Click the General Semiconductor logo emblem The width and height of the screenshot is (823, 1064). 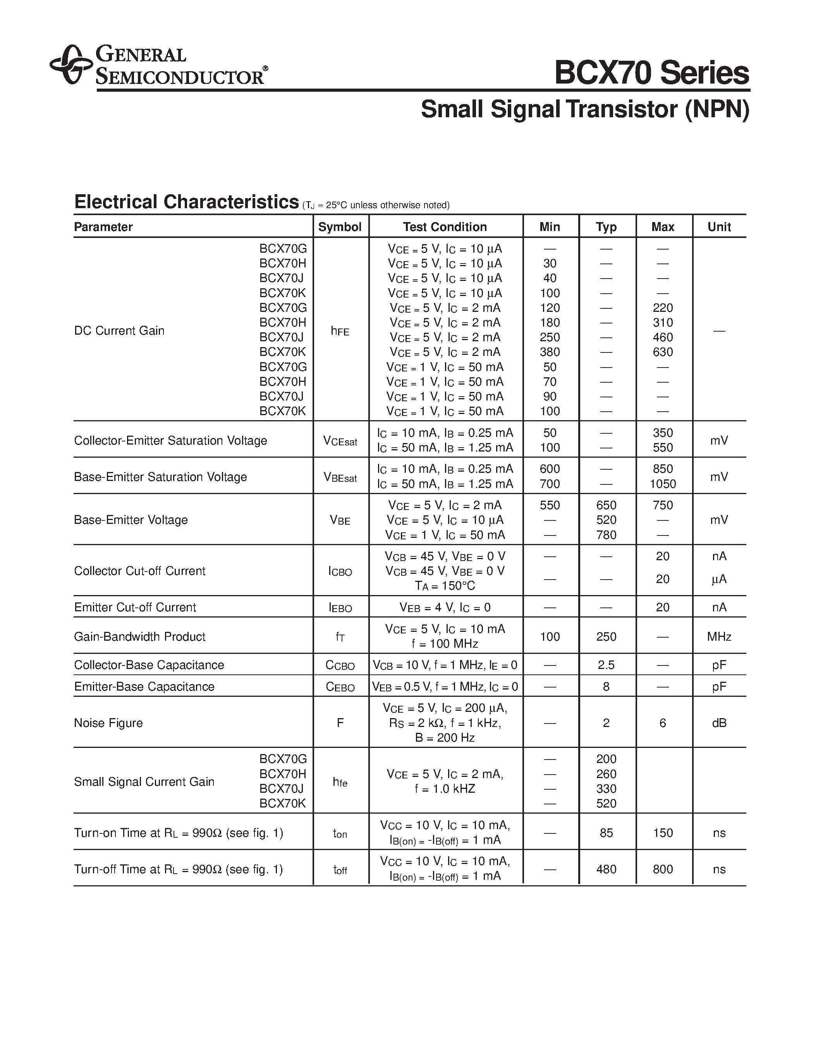71,64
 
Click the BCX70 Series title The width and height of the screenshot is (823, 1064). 651,73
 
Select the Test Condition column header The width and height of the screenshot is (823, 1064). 445,227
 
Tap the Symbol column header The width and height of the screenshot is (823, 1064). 340,227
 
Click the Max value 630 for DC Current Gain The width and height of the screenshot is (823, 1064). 663,352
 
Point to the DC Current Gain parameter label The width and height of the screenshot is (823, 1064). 119,331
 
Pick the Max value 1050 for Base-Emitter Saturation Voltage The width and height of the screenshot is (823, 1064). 663,484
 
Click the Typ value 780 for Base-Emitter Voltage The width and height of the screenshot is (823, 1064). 606,535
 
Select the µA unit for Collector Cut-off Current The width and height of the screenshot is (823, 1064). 719,579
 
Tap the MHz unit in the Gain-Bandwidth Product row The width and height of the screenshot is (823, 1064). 719,637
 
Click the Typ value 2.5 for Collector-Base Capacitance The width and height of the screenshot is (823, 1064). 606,665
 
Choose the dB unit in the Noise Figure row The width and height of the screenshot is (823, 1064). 719,723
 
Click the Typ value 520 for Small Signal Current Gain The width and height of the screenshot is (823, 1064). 606,804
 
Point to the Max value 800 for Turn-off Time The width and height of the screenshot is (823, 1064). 663,869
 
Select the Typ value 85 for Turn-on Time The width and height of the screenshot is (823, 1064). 606,833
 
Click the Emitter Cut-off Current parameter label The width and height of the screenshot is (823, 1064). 135,607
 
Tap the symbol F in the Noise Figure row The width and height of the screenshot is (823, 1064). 340,723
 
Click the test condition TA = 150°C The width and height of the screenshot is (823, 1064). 445,586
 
